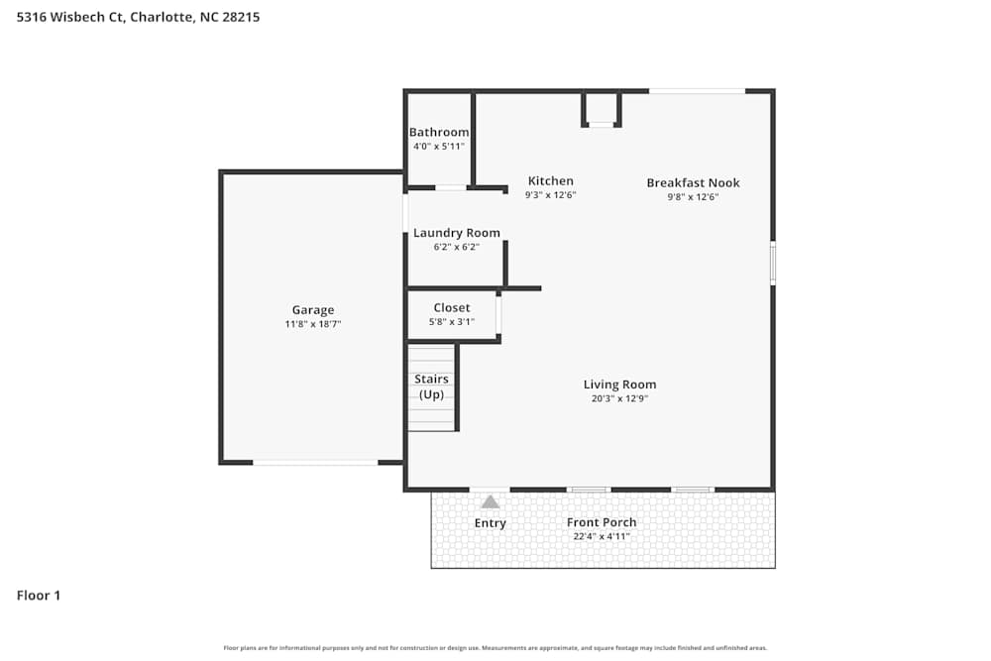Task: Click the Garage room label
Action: click(312, 310)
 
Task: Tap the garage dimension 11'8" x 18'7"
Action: click(312, 324)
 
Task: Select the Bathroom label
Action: click(439, 133)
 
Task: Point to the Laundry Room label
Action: click(456, 233)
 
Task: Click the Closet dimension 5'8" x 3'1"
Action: click(452, 321)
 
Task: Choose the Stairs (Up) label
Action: click(431, 386)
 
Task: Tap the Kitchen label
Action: click(550, 181)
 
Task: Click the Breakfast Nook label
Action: click(693, 183)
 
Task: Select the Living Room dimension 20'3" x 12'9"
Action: click(619, 398)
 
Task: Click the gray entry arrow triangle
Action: click(491, 501)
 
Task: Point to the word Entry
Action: click(491, 523)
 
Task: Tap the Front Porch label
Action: click(602, 522)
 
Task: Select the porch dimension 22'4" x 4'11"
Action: click(602, 536)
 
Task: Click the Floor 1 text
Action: click(39, 596)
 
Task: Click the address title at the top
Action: click(139, 17)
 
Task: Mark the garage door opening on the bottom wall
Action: click(315, 462)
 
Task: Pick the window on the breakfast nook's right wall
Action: click(773, 264)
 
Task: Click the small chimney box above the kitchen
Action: click(601, 108)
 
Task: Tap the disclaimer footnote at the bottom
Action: click(495, 648)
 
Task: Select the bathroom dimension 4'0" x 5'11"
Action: click(439, 147)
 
